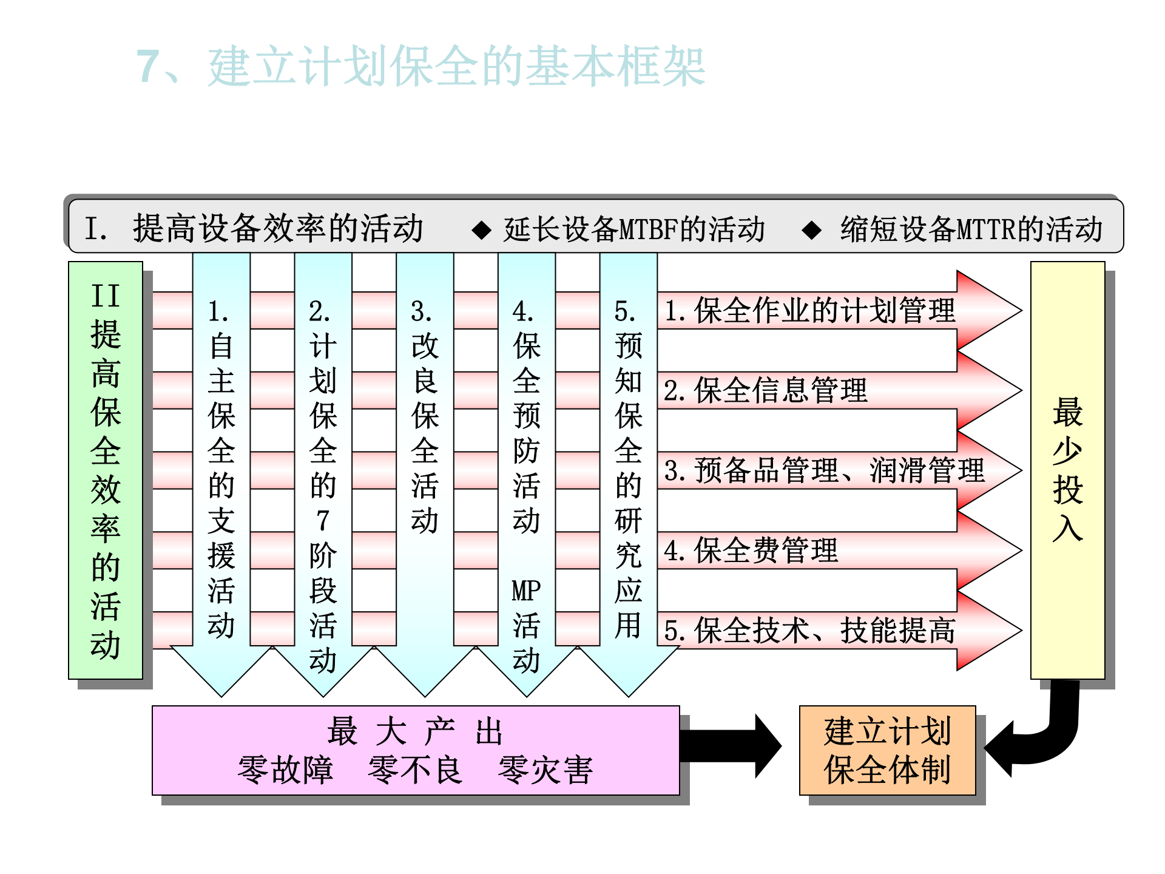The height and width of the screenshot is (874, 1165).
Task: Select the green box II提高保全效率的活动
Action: (106, 470)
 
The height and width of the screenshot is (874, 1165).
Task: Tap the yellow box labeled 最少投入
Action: (1067, 470)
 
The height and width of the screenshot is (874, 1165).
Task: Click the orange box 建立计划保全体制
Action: (887, 750)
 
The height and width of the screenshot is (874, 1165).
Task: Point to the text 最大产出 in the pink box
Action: (415, 731)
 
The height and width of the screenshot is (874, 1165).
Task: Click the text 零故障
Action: (285, 770)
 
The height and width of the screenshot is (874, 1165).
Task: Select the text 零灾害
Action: (545, 770)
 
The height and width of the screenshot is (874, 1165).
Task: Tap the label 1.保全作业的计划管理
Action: (809, 311)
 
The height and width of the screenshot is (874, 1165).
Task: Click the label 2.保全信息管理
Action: (766, 390)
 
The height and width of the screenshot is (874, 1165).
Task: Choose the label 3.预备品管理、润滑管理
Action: (824, 470)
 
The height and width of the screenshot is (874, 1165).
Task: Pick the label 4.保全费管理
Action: (751, 550)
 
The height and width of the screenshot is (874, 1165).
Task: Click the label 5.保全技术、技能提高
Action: (809, 631)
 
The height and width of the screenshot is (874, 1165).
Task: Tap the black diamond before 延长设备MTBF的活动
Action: (482, 230)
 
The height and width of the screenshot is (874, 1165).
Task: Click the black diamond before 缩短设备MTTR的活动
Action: (811, 230)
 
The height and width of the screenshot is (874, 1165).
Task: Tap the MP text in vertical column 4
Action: (526, 590)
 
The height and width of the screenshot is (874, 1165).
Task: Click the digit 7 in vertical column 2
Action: (323, 521)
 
